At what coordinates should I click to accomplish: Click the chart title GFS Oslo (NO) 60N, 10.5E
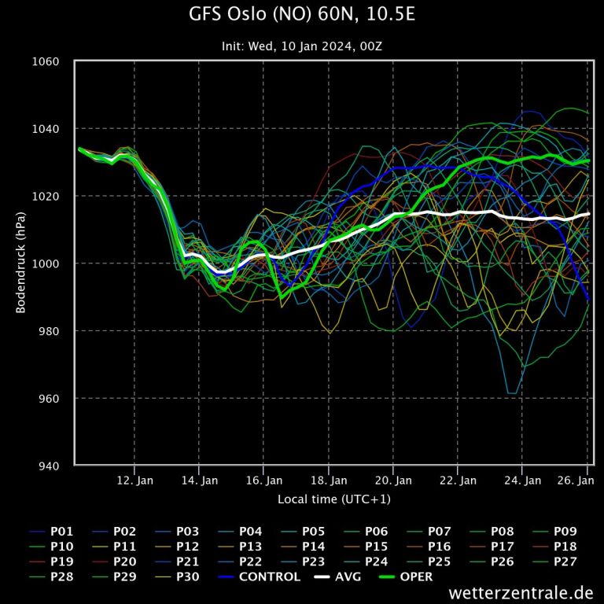point(302,14)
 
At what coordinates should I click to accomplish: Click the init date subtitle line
point(302,46)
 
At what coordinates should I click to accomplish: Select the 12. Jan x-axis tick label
point(134,480)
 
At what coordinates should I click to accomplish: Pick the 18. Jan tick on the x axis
point(328,480)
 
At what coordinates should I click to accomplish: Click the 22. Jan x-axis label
point(458,480)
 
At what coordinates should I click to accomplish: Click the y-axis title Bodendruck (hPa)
point(21,263)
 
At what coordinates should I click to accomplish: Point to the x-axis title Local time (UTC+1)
point(333,499)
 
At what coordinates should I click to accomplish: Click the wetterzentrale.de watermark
point(521,592)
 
